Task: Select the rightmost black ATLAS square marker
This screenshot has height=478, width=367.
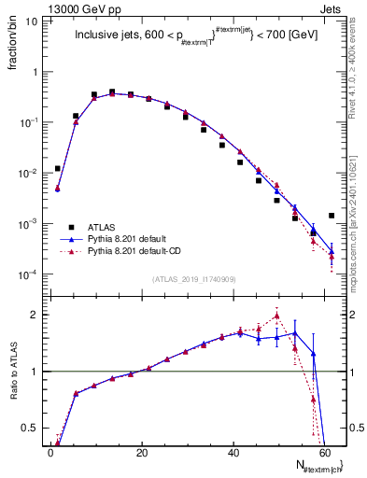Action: click(x=332, y=216)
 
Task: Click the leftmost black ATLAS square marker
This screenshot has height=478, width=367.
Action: click(x=58, y=169)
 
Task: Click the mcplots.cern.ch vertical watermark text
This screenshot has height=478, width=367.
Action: click(x=358, y=215)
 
